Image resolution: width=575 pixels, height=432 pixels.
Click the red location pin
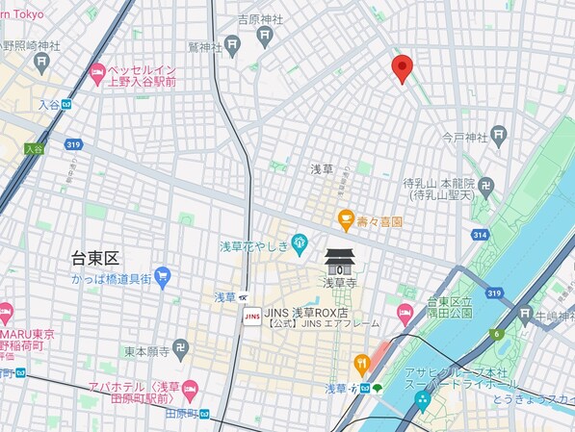coord(403,68)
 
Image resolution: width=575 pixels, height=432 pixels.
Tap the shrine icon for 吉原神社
coord(264,36)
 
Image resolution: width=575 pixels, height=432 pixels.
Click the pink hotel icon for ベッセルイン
coord(96,73)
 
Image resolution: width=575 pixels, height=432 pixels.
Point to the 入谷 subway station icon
coord(67,104)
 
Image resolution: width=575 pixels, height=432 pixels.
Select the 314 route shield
coord(480,235)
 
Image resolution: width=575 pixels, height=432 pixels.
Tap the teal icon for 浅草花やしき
coord(300,241)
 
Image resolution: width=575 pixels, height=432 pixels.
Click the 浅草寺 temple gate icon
coord(339,262)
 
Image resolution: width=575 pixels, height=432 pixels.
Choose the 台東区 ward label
coord(95,259)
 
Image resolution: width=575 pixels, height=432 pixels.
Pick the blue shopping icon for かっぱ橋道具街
coord(161,276)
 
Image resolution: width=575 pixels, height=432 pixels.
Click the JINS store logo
coord(252,315)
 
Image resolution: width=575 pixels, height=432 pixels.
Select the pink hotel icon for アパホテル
coord(190,389)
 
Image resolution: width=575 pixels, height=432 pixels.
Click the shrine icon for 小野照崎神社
coord(40,64)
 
